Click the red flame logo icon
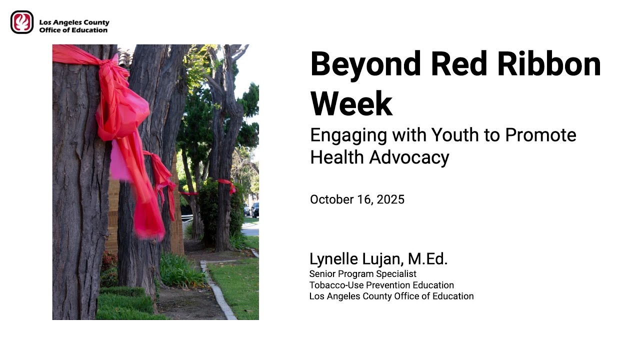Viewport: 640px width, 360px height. click(22, 22)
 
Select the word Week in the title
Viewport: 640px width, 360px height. click(351, 103)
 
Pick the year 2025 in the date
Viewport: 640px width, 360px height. click(390, 200)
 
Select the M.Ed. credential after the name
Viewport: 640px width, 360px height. click(427, 259)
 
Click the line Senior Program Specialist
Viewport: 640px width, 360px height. click(362, 274)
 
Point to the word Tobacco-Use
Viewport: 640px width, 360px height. click(333, 285)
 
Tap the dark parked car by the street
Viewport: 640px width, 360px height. click(255, 210)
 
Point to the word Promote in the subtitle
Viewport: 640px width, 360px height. click(540, 135)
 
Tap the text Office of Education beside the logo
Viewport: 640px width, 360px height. click(73, 30)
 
